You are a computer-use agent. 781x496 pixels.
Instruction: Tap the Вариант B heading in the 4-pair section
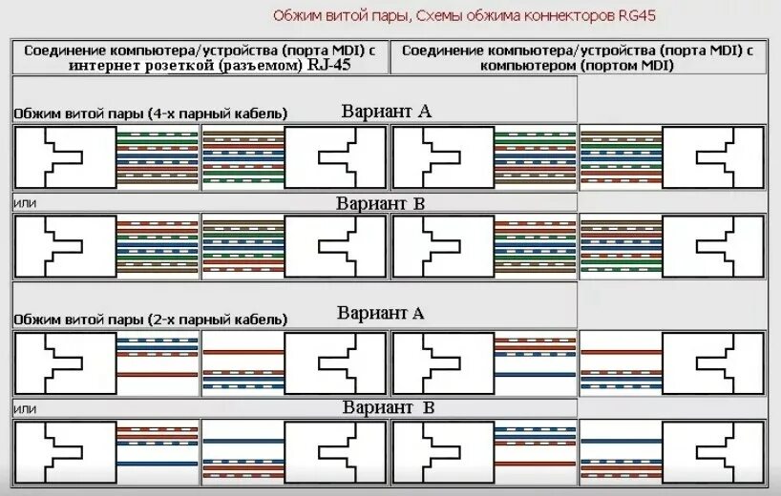380,203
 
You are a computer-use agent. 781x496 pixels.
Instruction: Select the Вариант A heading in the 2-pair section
380,313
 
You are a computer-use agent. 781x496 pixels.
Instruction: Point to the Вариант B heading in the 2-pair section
389,407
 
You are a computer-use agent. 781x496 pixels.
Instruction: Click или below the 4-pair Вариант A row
24,204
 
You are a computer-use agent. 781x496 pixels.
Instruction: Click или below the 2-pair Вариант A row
24,408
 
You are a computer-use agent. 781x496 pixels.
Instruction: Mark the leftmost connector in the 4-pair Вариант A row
64,156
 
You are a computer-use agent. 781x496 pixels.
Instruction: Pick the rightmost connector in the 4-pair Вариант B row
713,246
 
